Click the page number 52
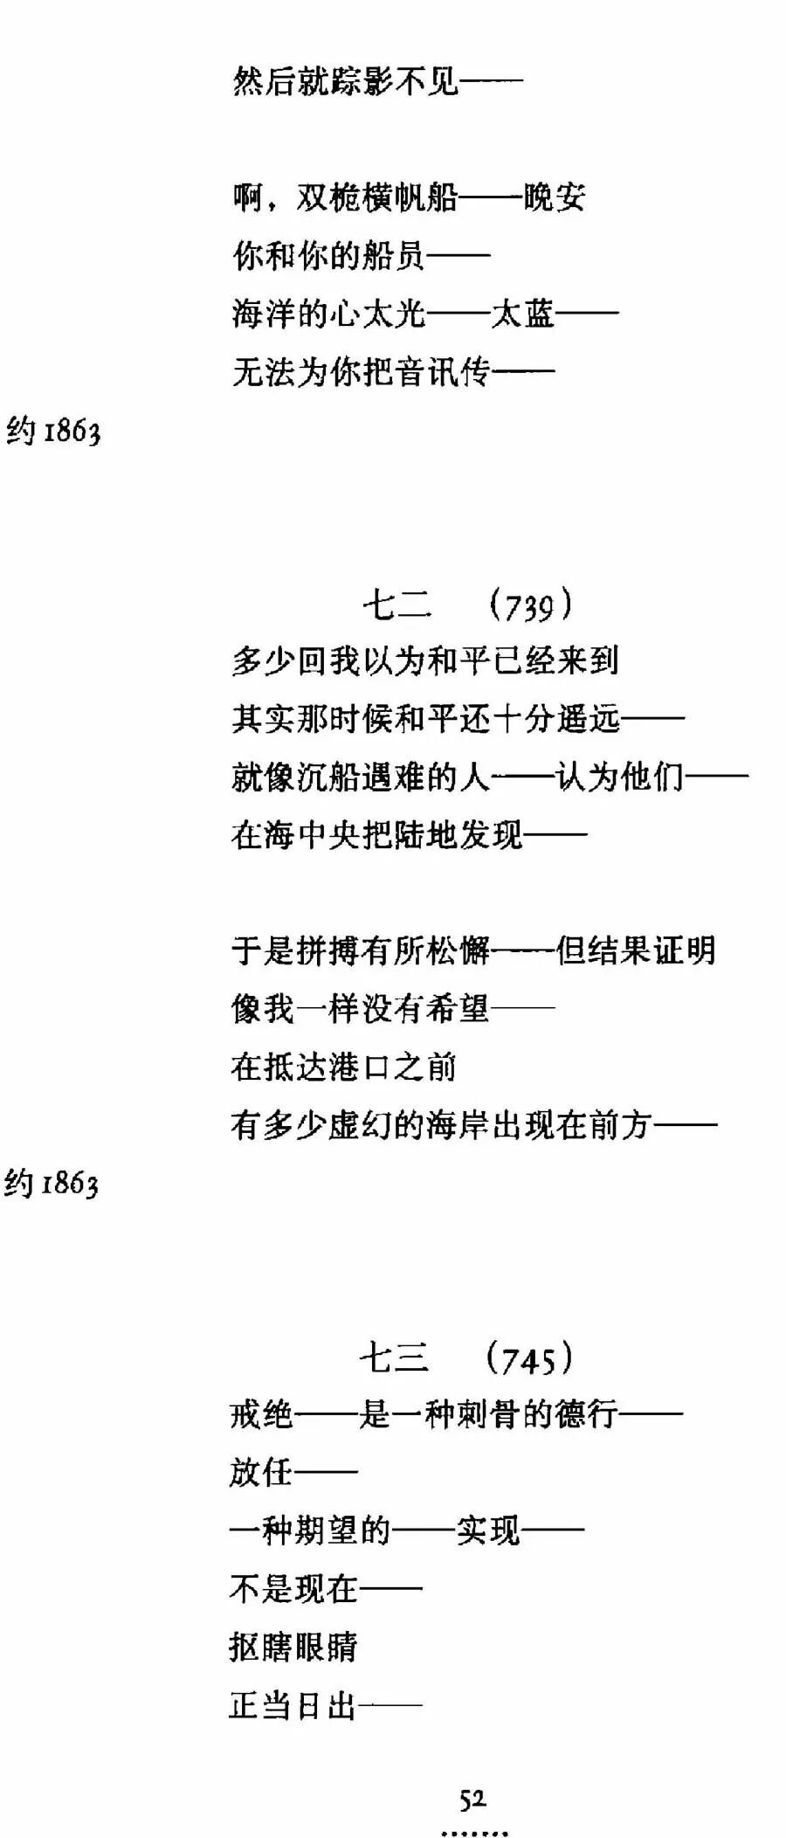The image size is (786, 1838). (472, 1799)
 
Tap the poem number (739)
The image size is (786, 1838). (529, 605)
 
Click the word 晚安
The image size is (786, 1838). (555, 198)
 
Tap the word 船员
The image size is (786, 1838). (393, 256)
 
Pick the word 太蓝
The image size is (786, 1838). (523, 314)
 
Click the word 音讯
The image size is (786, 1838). (426, 372)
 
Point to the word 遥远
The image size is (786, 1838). (588, 719)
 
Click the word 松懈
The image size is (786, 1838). (458, 950)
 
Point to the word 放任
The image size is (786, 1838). (262, 1472)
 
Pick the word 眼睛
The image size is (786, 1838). (326, 1647)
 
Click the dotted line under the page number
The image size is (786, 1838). (474, 1832)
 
